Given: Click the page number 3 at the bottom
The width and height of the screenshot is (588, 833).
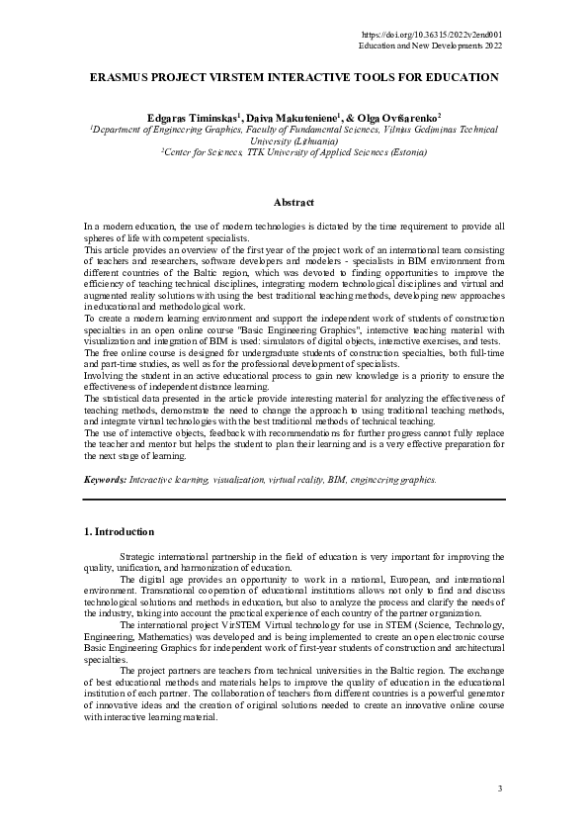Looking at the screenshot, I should coord(500,787).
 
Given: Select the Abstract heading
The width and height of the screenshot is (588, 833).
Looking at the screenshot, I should coord(294,203).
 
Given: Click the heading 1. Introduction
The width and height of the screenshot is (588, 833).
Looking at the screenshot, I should coord(120,531).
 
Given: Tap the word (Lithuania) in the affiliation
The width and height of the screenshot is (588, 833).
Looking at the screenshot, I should coord(295,141).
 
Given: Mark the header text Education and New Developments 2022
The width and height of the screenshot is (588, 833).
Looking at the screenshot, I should coord(430,46).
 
